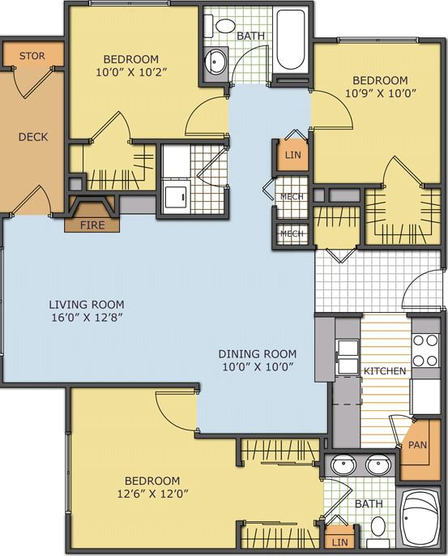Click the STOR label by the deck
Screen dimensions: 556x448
click(32, 56)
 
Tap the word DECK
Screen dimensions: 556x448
click(33, 137)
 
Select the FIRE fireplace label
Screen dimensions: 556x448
click(91, 225)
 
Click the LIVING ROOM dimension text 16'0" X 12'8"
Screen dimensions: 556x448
click(86, 318)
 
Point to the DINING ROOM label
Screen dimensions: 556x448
click(257, 353)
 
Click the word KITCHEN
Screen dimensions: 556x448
click(384, 370)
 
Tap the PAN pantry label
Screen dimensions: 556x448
click(418, 445)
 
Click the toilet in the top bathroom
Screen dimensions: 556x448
click(224, 24)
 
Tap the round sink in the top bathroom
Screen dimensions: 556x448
click(216, 60)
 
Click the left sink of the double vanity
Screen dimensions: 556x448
click(344, 465)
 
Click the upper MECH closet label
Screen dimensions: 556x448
click(291, 197)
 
